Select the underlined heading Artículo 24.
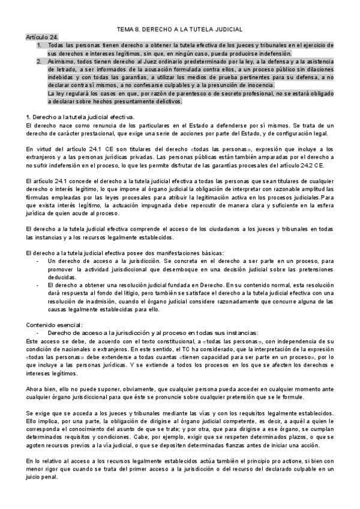43,37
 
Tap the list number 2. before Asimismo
39,61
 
